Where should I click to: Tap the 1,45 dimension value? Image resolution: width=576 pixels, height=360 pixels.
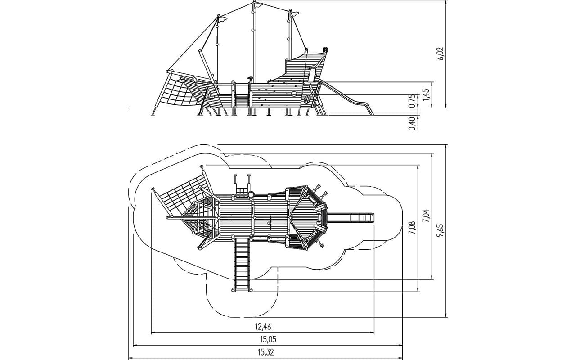(426, 94)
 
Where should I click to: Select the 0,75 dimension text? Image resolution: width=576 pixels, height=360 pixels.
(412, 101)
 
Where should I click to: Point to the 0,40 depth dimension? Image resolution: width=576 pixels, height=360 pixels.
(412, 123)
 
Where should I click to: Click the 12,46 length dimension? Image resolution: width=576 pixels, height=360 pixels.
(263, 327)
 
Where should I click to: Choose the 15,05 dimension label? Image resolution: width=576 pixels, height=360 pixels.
(268, 340)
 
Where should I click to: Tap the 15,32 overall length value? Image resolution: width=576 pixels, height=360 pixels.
(265, 352)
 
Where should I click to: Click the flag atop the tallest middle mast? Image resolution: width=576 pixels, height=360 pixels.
(258, 4)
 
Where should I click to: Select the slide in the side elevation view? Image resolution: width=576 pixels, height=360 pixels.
(346, 97)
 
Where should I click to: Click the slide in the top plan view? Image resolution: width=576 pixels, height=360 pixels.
(351, 217)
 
